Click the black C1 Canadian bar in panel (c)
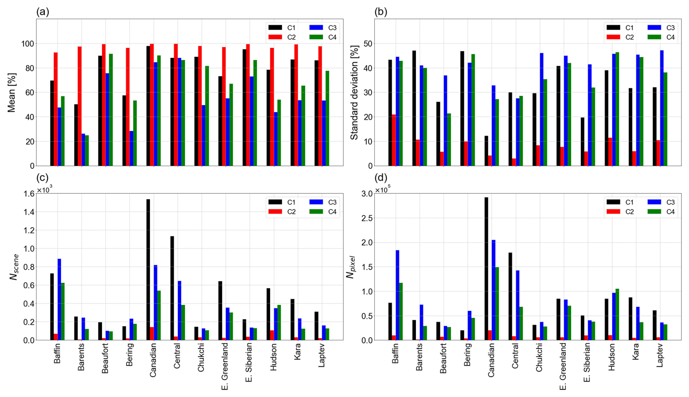click(x=148, y=270)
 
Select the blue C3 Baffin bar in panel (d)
click(x=397, y=295)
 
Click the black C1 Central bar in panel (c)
click(x=172, y=288)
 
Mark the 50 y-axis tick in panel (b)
click(x=368, y=44)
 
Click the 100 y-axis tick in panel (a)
click(x=28, y=44)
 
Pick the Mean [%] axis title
click(x=12, y=93)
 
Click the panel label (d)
click(x=381, y=178)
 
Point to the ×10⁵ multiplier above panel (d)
click(x=383, y=190)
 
